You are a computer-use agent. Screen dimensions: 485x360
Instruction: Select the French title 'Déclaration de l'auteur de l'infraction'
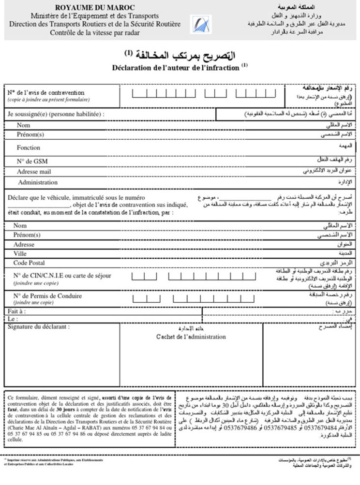[x=177, y=68]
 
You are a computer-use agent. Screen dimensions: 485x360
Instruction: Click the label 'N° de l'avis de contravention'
[x=46, y=92]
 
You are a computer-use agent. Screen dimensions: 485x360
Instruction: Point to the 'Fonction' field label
[x=28, y=147]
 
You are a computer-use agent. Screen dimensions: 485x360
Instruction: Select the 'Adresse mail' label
[x=34, y=172]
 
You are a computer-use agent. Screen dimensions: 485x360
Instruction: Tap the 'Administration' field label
[x=38, y=182]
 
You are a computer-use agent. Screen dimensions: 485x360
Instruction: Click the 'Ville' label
[x=20, y=253]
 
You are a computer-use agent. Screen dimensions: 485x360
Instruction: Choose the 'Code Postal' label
[x=29, y=263]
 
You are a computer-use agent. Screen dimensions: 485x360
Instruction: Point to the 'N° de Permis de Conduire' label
[x=47, y=295]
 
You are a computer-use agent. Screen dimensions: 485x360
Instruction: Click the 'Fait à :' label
[x=17, y=311]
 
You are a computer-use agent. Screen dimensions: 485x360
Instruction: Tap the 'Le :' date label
[x=13, y=319]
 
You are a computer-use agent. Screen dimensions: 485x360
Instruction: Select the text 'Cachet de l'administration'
[x=191, y=337]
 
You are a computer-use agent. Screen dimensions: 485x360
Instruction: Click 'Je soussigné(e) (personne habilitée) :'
[x=56, y=115]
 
